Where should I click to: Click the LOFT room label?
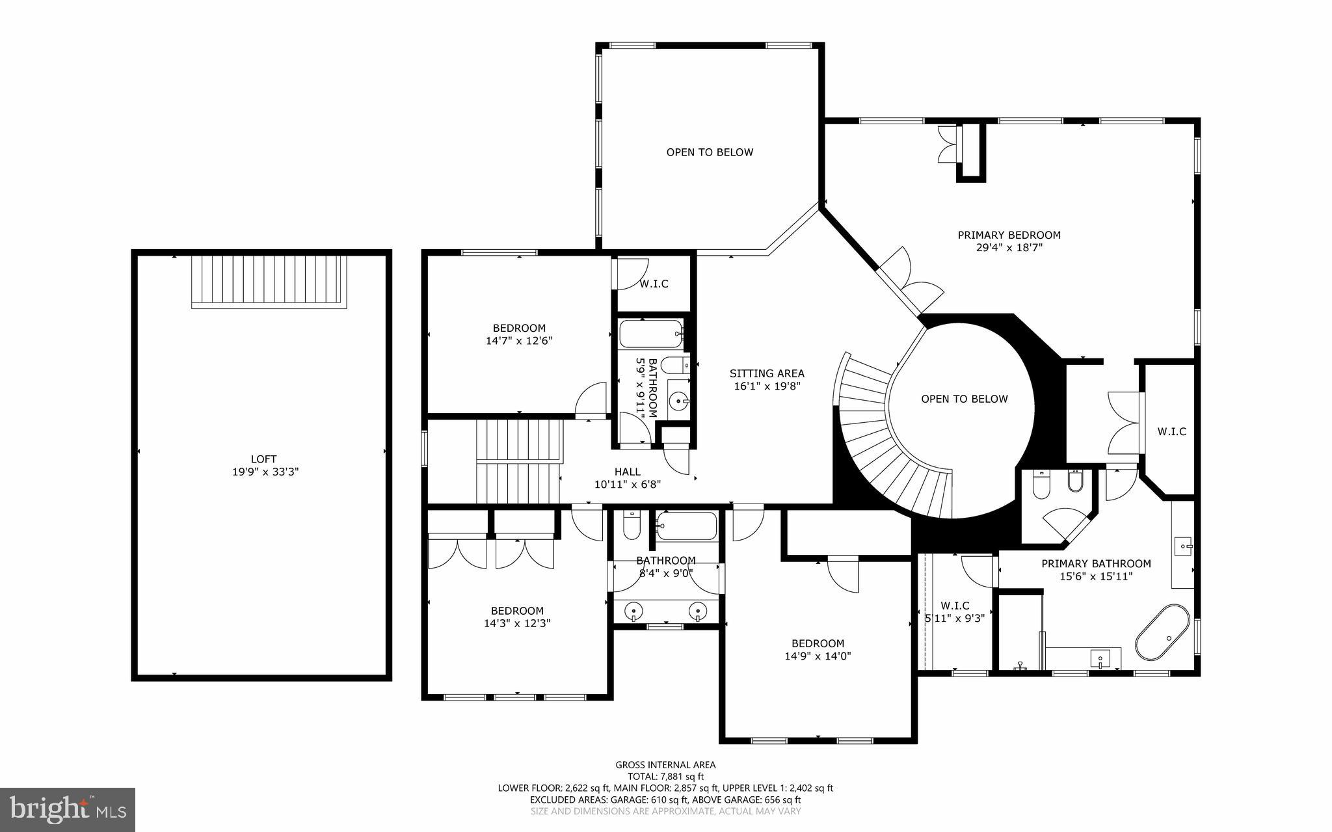[264, 459]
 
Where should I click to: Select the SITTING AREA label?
[767, 373]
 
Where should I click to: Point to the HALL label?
[627, 472]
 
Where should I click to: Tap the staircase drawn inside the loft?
[267, 281]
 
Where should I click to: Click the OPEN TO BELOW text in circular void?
[964, 399]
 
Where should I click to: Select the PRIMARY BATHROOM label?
[1096, 564]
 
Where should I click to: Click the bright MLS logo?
[68, 809]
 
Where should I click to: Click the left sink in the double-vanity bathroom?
[633, 611]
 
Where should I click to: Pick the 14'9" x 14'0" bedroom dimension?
[818, 656]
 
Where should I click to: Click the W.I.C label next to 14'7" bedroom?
[654, 284]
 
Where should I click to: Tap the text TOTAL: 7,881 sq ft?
[665, 776]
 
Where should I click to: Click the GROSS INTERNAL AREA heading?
[665, 765]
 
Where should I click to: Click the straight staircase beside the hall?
[518, 461]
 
